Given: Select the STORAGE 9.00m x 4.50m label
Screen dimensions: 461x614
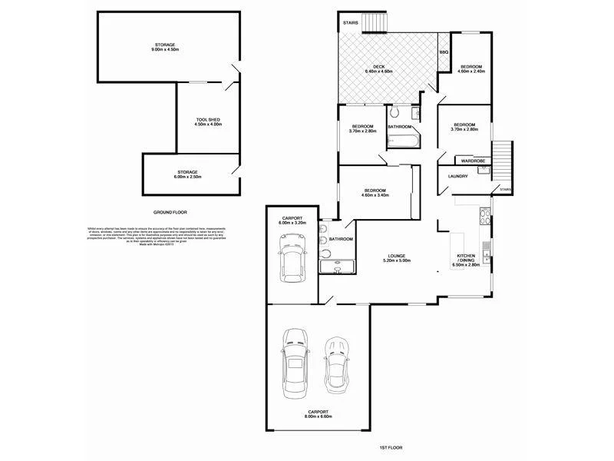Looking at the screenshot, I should point(165,47).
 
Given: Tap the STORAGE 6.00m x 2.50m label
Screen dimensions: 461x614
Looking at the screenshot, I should point(188,174).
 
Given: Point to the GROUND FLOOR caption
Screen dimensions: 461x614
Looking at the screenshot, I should point(170,212).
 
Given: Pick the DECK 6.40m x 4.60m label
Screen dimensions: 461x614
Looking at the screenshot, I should point(379,69).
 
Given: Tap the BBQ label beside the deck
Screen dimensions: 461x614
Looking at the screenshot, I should point(444,51).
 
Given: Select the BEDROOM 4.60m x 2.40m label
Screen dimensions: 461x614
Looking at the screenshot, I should point(470,70).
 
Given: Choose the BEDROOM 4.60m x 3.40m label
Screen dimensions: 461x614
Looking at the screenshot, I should point(375,192).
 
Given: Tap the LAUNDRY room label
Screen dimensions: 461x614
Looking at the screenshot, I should point(458,176).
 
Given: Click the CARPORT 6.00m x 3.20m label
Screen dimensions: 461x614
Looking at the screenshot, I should point(292,221).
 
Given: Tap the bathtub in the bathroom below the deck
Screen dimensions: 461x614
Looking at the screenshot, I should point(401,141).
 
